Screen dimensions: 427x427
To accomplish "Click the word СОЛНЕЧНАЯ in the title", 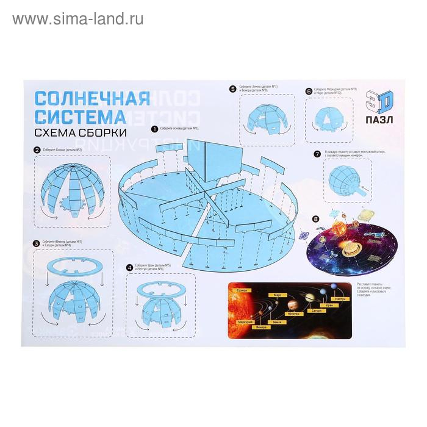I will click(x=91, y=98).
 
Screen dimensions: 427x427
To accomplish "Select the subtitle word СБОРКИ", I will click(x=107, y=132).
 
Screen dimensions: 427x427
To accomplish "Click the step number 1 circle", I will click(x=156, y=129).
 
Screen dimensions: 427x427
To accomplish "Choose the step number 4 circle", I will click(x=130, y=267).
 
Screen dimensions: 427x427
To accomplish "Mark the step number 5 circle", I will click(x=232, y=89).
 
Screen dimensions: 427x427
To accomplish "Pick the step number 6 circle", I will click(x=309, y=91).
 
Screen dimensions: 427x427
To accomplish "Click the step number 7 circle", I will click(x=317, y=153).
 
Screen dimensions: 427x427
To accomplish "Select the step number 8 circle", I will click(x=315, y=219).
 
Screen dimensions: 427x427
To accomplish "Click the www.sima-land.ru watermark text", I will click(x=78, y=19).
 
